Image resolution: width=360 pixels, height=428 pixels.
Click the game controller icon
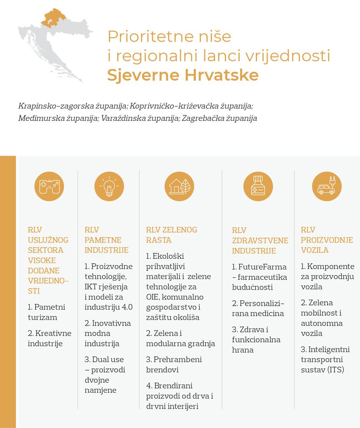(x=49, y=187)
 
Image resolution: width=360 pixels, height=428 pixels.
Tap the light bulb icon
(x=109, y=187)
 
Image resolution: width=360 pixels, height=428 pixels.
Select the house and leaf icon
(x=179, y=187)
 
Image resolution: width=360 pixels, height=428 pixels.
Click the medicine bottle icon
(x=258, y=187)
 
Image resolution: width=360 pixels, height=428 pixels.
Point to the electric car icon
(x=327, y=187)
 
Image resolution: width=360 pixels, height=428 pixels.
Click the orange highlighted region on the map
(x=54, y=18)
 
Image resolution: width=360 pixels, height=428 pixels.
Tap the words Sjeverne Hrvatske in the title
(x=183, y=75)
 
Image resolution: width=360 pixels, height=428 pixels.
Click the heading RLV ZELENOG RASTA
(x=172, y=235)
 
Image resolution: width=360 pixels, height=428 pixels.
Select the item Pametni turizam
(x=46, y=312)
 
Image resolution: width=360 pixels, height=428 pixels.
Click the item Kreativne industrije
(x=49, y=338)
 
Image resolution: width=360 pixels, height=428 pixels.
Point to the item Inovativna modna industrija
(x=108, y=333)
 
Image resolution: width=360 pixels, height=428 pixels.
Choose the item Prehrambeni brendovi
(x=174, y=364)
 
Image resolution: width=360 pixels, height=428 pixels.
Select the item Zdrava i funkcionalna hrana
(x=256, y=339)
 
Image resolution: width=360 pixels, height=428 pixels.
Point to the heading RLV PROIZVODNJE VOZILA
(x=327, y=240)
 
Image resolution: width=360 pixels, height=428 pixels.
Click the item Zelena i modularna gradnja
(x=180, y=338)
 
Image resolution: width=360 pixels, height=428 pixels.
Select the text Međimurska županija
(x=58, y=118)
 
